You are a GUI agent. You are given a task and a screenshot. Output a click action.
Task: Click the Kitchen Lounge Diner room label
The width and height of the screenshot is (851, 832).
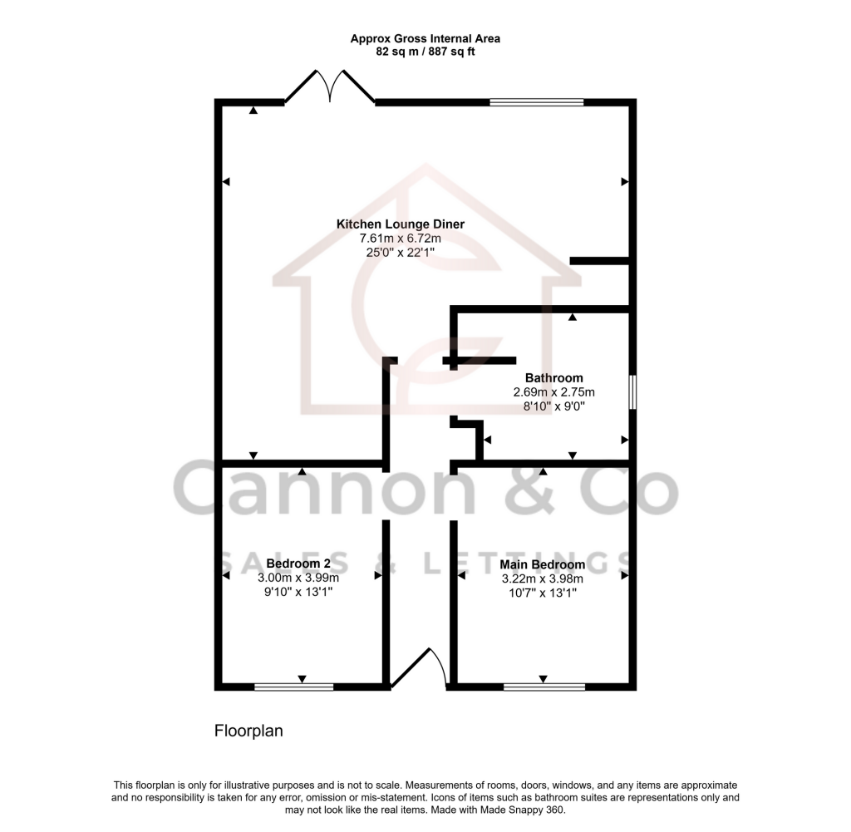(x=400, y=224)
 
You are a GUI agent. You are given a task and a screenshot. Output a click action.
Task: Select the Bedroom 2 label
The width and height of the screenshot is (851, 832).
(x=298, y=564)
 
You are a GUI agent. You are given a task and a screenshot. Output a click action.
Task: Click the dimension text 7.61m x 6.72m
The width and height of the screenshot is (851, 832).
(x=400, y=239)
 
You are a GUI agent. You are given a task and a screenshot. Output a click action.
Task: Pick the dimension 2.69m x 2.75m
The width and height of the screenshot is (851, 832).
(x=542, y=392)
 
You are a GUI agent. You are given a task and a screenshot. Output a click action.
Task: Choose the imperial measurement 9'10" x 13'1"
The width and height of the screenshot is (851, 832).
(x=298, y=593)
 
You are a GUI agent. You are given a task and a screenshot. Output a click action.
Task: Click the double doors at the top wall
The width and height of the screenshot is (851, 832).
(x=331, y=87)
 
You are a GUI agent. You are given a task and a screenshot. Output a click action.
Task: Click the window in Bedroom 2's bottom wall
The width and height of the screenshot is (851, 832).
(x=293, y=687)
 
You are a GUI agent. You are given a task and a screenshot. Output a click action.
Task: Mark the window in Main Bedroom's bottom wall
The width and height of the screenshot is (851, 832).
(x=544, y=687)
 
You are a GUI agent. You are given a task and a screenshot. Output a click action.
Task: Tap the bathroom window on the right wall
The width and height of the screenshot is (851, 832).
(x=632, y=392)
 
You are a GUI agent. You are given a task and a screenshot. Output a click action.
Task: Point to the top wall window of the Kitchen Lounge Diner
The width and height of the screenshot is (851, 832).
(x=536, y=102)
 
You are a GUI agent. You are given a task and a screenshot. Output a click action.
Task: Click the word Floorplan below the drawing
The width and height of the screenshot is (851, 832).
(x=248, y=731)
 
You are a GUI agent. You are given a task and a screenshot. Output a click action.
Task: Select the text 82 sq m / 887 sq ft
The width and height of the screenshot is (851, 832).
(x=425, y=52)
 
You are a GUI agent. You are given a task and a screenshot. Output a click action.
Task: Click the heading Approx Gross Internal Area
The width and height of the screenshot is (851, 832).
(x=425, y=38)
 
